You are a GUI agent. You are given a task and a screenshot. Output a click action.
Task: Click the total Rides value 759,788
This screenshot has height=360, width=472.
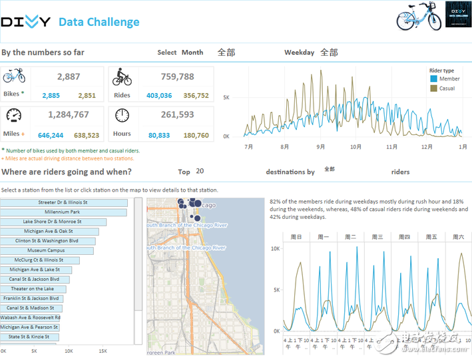(177, 77)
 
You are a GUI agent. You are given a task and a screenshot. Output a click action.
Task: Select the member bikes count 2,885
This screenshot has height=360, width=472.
(51, 96)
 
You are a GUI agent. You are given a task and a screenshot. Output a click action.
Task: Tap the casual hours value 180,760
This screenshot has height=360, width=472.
(196, 136)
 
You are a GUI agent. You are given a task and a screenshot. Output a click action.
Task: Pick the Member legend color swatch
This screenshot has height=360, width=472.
(434, 79)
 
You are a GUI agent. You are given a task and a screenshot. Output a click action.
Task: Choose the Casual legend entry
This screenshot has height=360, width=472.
(442, 88)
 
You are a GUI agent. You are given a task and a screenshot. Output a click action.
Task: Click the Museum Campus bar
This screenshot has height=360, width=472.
(46, 251)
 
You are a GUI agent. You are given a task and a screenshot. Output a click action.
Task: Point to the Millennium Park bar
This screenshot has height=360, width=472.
(63, 212)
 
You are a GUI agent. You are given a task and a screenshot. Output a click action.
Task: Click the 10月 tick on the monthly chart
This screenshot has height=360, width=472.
(355, 146)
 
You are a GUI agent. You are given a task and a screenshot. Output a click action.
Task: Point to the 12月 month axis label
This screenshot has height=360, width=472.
(426, 146)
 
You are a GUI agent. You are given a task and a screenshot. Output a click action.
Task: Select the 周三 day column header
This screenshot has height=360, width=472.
(377, 237)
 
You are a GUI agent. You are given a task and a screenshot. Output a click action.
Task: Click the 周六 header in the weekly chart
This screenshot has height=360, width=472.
(458, 237)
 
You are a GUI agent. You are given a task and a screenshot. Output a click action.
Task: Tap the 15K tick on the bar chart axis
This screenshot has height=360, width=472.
(103, 350)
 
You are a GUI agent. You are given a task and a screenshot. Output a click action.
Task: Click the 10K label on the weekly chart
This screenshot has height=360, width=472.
(275, 248)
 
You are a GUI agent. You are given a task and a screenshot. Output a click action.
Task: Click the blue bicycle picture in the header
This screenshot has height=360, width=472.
(419, 16)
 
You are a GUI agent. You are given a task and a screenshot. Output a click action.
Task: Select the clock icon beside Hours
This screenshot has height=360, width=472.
(122, 115)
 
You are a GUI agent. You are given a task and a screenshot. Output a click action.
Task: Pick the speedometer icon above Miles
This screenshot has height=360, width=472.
(13, 115)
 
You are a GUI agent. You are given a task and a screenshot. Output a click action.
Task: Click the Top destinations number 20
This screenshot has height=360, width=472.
(200, 172)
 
